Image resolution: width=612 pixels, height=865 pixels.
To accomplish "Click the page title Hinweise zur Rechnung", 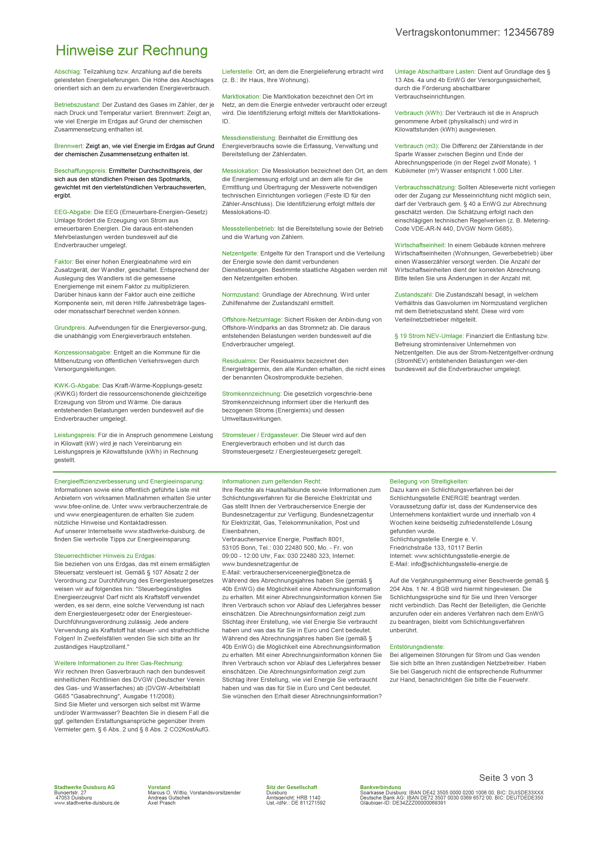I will (x=132, y=50).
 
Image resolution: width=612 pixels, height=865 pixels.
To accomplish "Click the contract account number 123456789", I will (x=528, y=32).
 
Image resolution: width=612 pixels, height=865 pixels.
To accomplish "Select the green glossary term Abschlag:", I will (x=68, y=72).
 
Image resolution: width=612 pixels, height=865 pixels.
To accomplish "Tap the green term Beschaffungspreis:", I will (x=81, y=171).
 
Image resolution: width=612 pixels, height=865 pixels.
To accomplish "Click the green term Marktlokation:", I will (x=241, y=96).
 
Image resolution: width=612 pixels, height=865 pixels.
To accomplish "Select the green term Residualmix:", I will (x=240, y=361).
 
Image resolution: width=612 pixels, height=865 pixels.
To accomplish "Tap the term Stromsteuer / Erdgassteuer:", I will (x=260, y=435).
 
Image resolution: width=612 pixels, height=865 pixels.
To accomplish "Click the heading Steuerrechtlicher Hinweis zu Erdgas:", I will (x=105, y=556).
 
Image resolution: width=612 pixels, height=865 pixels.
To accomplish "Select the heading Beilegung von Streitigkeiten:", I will (x=429, y=481).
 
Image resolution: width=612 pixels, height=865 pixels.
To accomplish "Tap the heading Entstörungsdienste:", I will (x=417, y=647).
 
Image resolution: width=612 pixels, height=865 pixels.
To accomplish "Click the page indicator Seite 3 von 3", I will (x=506, y=778).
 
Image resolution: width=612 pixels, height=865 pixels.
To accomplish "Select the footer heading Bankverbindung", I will (x=380, y=787).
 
